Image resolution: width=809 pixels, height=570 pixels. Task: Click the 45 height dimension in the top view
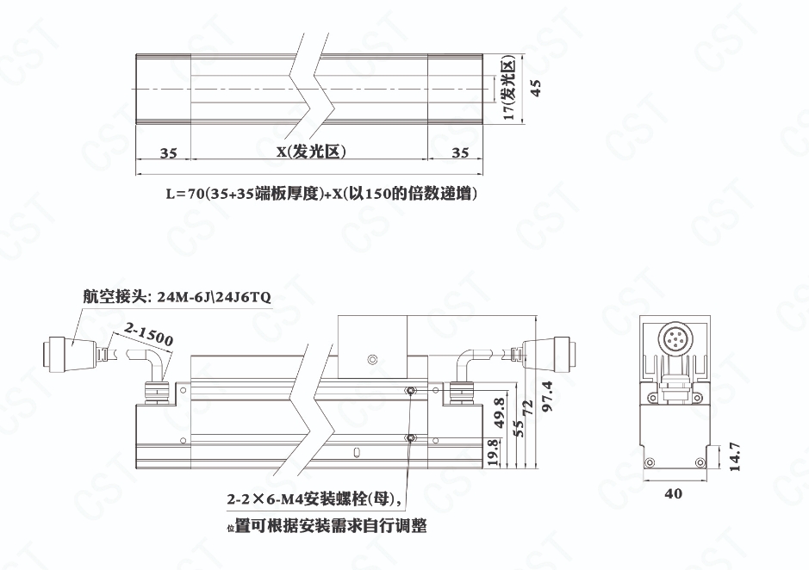tap(536, 88)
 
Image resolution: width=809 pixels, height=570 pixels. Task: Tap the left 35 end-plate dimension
tap(168, 153)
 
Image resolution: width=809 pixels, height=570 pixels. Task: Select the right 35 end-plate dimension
tap(460, 152)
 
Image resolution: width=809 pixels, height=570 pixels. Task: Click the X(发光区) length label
tap(311, 152)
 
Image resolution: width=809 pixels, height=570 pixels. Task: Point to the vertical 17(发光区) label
tap(509, 88)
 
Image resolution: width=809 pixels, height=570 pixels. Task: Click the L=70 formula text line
tap(320, 194)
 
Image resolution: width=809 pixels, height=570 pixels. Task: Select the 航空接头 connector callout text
tap(177, 296)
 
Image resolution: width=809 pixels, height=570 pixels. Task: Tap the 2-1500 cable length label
tap(148, 334)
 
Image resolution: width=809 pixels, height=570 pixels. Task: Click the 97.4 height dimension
tap(547, 396)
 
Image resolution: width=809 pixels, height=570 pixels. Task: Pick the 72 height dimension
tap(528, 408)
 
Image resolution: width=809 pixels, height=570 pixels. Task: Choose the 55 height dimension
tap(519, 429)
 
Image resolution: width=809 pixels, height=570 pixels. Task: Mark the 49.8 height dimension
tap(499, 412)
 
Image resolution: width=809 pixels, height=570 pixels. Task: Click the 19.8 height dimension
tap(494, 453)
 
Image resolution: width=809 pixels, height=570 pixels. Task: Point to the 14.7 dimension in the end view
tap(735, 456)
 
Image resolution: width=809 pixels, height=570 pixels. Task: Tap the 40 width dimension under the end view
tap(674, 493)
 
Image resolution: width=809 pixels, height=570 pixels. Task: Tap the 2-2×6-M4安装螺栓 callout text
tap(314, 499)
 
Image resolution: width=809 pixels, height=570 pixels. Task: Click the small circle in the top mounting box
tap(371, 359)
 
